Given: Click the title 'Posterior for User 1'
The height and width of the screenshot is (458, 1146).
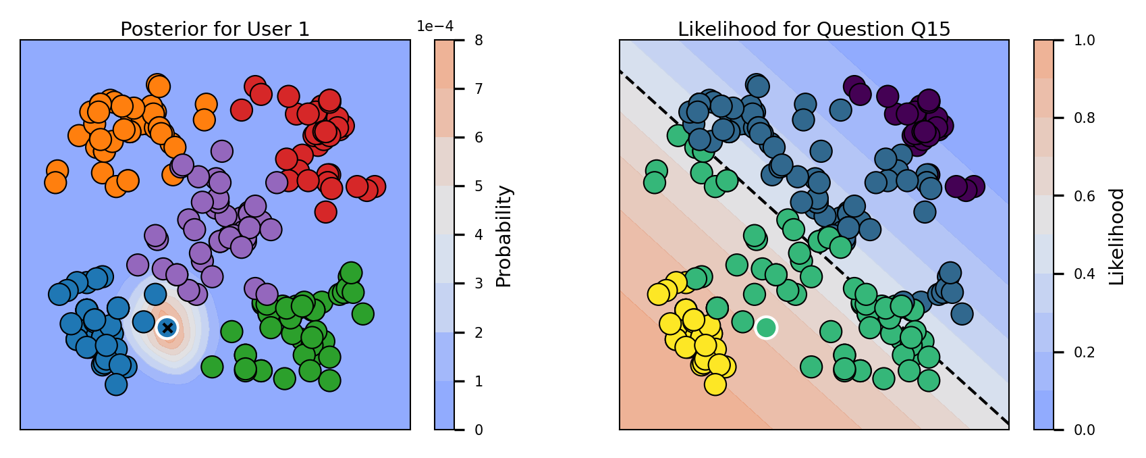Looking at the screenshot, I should [215, 29].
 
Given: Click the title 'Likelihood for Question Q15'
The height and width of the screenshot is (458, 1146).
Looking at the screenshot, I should [814, 29].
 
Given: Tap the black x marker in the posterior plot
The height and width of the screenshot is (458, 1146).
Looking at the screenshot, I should [167, 328].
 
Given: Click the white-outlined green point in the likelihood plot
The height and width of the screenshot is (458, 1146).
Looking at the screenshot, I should [765, 328].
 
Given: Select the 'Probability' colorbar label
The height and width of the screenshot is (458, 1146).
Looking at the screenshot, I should [503, 236].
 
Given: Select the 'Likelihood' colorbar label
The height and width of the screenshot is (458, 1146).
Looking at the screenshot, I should [1117, 236].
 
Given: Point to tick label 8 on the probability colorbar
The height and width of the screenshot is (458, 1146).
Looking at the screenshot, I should [479, 41].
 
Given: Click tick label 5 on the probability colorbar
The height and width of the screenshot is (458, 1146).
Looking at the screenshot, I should [479, 186].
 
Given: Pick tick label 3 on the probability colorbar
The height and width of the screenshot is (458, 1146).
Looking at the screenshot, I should [479, 284].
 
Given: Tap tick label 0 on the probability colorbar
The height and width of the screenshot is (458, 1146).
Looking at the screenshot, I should [479, 430].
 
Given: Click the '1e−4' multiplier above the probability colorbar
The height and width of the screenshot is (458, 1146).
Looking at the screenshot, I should [435, 26].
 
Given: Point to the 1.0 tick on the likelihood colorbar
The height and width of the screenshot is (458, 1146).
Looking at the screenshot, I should [1084, 41].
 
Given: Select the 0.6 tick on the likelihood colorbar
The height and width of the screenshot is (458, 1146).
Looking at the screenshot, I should [1084, 196].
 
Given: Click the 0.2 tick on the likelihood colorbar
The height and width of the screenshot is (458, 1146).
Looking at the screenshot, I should [1084, 352].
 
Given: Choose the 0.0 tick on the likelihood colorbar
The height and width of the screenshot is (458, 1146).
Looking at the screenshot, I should [1084, 430].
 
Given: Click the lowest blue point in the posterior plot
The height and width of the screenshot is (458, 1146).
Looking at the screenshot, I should [116, 384].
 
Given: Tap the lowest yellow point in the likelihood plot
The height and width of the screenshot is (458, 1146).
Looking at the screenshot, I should [715, 384].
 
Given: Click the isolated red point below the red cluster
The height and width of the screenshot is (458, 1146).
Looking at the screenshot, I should [325, 211].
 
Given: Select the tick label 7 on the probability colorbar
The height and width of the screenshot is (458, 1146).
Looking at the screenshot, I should [479, 88].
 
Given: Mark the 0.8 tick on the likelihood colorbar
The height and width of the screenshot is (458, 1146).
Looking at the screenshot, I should [1084, 118].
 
